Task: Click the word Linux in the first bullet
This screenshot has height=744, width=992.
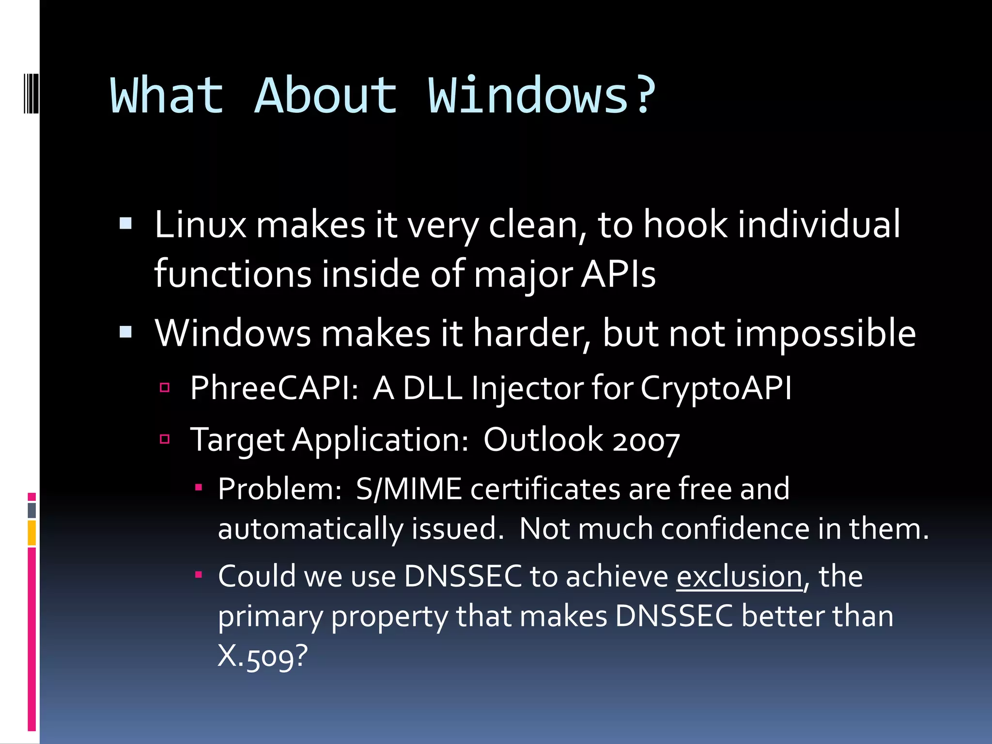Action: (200, 225)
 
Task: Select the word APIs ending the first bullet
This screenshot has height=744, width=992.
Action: (618, 274)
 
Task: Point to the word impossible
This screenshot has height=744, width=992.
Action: (825, 334)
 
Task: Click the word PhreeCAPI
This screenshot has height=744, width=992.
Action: (274, 388)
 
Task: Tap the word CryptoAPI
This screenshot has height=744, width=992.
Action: (716, 388)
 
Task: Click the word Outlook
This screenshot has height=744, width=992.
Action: (542, 440)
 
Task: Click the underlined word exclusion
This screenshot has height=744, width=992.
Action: (739, 577)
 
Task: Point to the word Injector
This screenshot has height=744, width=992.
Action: (527, 388)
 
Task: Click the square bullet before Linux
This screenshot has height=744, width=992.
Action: (125, 223)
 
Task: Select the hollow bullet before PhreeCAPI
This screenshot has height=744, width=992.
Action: (165, 387)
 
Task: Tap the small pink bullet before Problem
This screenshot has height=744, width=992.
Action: (198, 487)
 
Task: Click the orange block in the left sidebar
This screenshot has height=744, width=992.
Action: (31, 533)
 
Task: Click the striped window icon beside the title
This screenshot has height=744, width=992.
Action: (31, 92)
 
